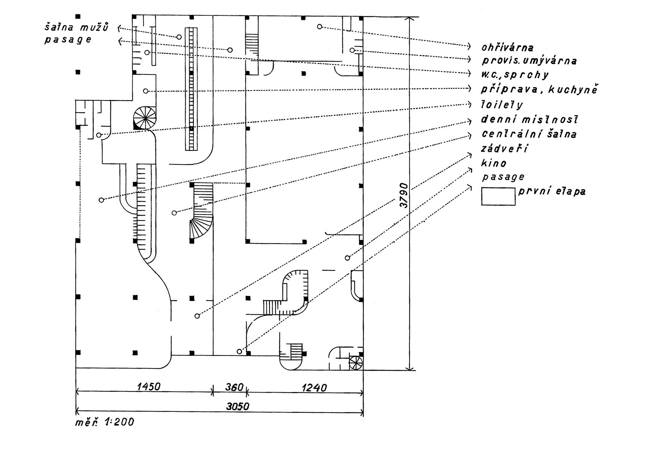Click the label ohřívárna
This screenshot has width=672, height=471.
tap(507, 47)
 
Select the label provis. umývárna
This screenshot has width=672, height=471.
tap(529, 61)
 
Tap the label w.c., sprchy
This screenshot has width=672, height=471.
tap(515, 75)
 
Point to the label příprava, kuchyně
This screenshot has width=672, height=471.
tap(539, 89)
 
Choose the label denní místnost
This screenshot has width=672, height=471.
tap(529, 119)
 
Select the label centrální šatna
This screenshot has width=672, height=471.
tap(529, 134)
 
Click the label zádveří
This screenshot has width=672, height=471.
tap(504, 148)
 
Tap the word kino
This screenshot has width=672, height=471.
tap(494, 163)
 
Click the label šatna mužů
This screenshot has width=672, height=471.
tap(77, 27)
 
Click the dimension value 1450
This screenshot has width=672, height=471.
tap(148, 387)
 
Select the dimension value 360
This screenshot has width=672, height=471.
tap(234, 387)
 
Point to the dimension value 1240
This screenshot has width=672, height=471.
tap(314, 388)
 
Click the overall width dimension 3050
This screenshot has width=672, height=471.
tap(238, 406)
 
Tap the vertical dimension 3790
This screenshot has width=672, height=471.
tap(404, 195)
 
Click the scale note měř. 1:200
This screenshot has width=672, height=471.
tap(104, 422)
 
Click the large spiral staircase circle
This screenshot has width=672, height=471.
tap(145, 118)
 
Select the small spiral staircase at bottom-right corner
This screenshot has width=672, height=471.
tap(356, 363)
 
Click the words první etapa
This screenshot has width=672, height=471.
tap(552, 191)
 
